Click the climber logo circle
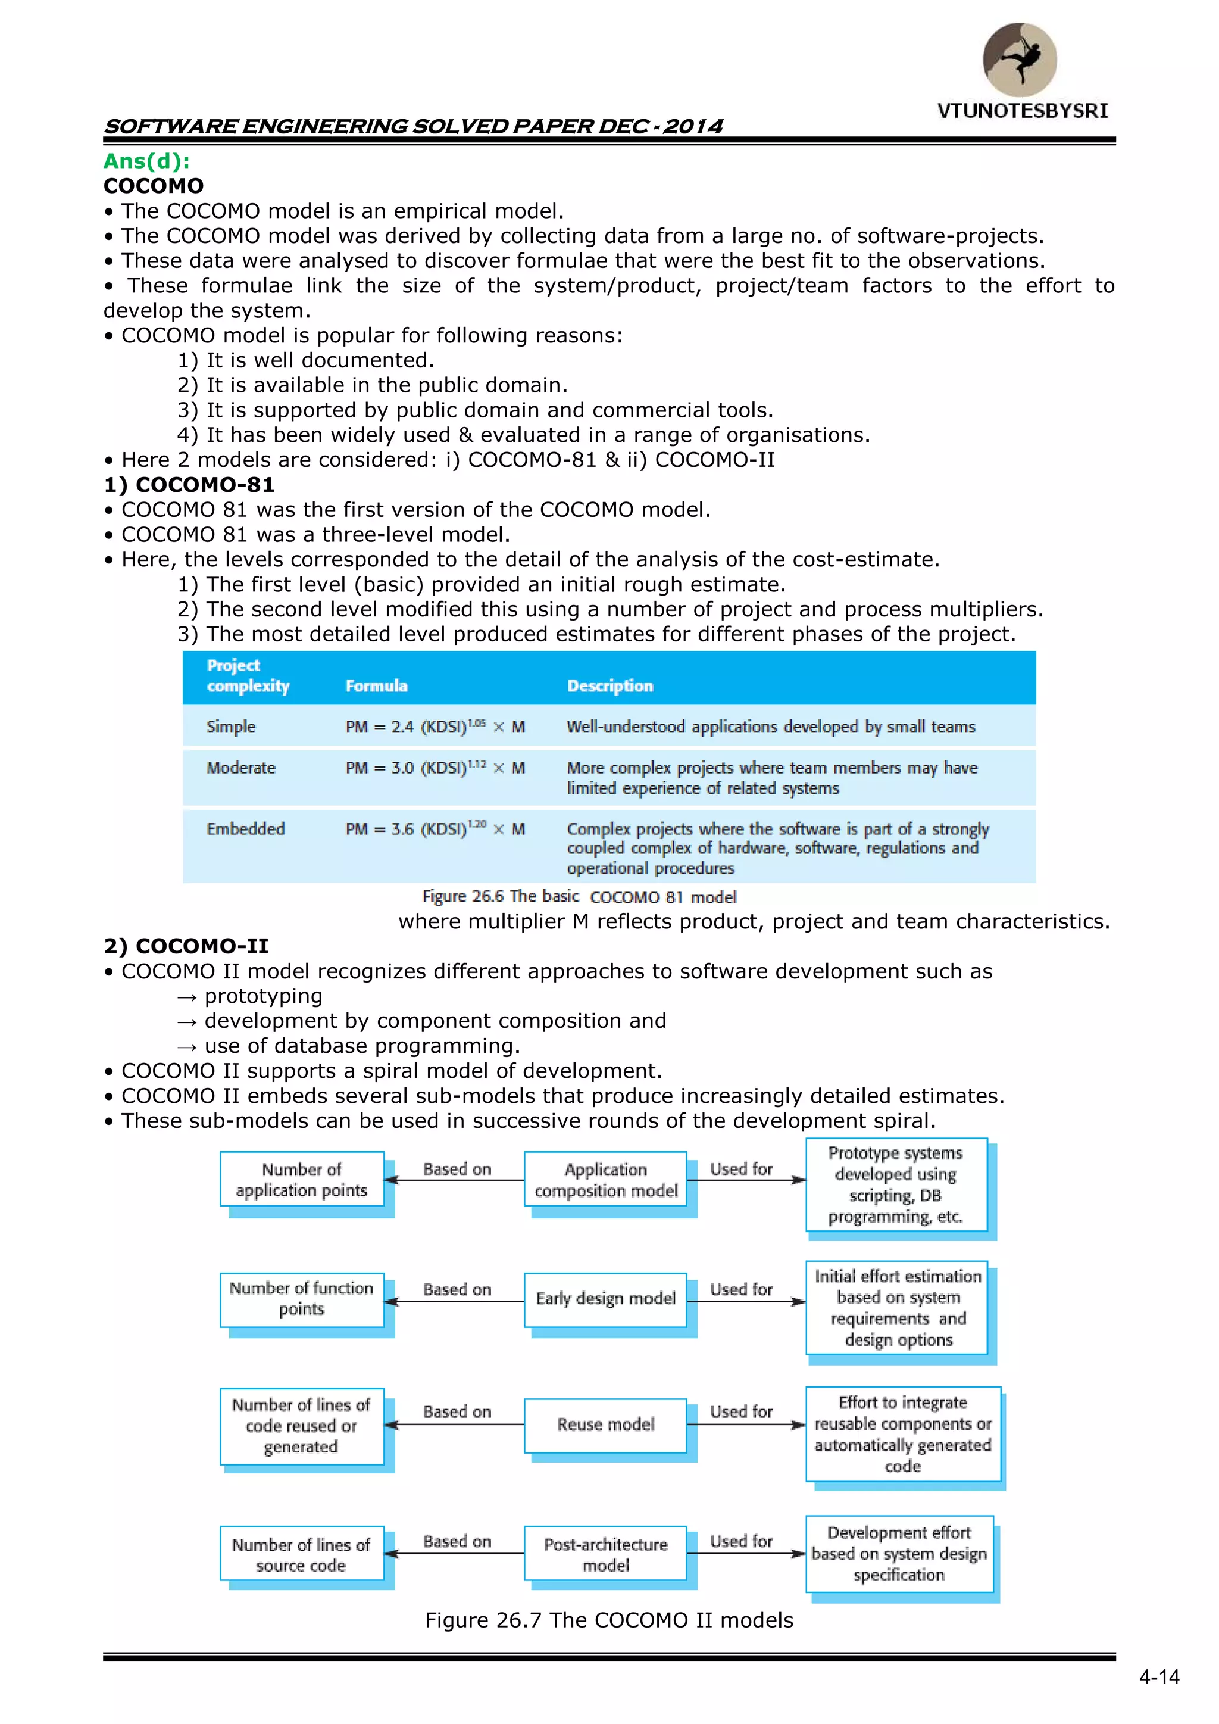tap(1020, 60)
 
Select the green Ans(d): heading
tap(146, 161)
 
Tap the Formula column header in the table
tap(376, 685)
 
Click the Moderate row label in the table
tap(241, 768)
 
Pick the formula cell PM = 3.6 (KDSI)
tap(435, 829)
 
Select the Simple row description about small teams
tap(770, 727)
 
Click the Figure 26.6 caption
tap(579, 897)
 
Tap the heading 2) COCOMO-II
tap(185, 946)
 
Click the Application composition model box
tap(606, 1180)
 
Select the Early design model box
tap(606, 1299)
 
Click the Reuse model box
tap(606, 1424)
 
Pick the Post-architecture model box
tap(606, 1554)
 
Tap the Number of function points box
tap(302, 1299)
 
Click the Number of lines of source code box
tap(302, 1554)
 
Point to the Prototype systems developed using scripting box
tap(896, 1185)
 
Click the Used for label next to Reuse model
tap(741, 1411)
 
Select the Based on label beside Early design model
tap(457, 1289)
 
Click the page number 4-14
tap(1159, 1678)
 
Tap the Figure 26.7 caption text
tap(609, 1620)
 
